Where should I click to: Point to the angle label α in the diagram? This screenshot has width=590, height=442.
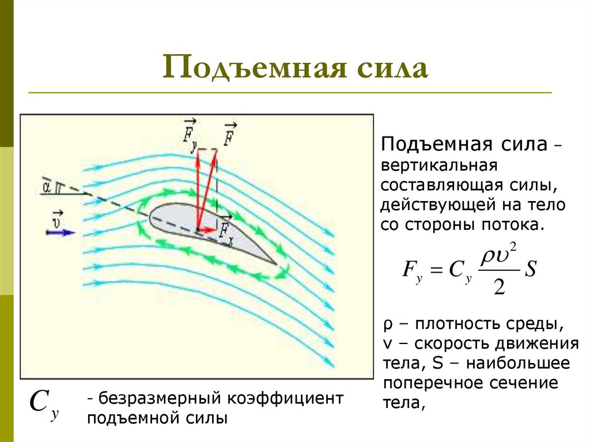46,186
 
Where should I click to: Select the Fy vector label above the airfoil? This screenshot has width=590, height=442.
190,137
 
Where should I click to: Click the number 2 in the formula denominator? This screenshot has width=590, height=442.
499,286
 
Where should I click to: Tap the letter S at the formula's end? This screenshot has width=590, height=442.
530,270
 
